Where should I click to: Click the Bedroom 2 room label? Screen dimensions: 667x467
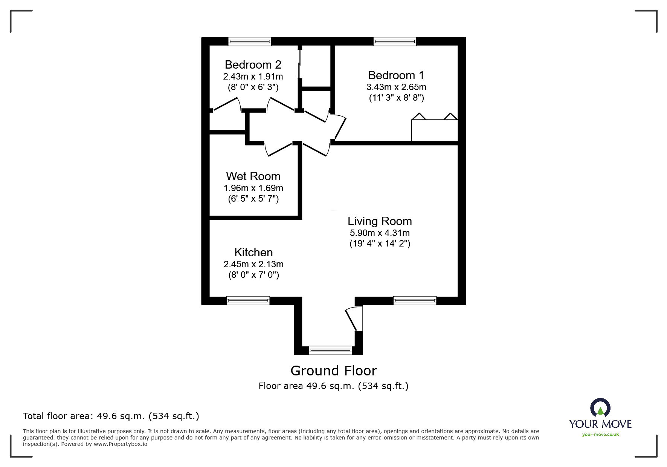click(253, 65)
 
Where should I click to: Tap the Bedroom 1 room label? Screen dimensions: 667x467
click(396, 75)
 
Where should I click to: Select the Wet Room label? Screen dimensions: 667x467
click(253, 176)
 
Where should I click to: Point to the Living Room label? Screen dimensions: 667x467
click(380, 221)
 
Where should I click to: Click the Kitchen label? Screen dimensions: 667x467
click(253, 252)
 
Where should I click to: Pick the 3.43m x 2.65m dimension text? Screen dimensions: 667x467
click(396, 87)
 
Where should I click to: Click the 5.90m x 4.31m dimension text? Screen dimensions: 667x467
click(380, 233)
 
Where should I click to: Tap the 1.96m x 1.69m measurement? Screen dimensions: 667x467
click(253, 188)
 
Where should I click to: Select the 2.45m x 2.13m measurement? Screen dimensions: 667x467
click(253, 264)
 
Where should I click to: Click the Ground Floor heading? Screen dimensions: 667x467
click(334, 371)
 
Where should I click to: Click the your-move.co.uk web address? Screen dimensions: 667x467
click(600, 435)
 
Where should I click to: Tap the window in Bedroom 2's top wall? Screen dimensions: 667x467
click(250, 41)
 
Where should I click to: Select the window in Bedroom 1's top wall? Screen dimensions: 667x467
click(395, 41)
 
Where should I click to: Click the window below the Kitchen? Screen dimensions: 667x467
click(248, 300)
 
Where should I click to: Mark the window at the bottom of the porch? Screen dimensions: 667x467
click(330, 351)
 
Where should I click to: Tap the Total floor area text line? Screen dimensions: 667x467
click(111, 416)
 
